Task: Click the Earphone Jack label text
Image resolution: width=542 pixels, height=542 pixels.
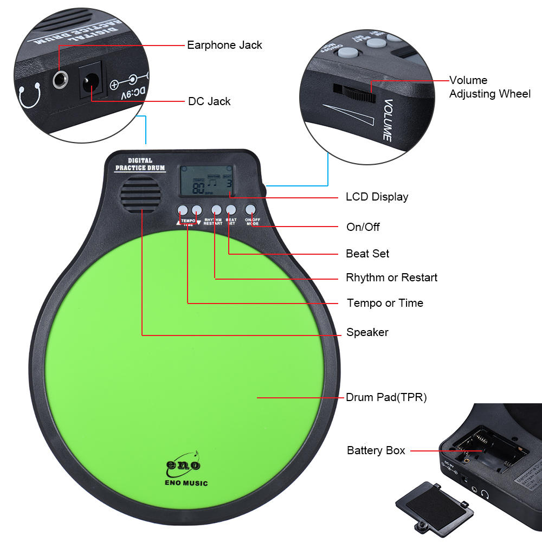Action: point(224,45)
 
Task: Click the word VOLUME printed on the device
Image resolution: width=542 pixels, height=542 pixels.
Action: point(387,120)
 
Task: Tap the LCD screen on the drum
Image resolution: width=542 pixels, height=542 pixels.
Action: point(207,181)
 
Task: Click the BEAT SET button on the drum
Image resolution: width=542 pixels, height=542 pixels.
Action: point(231,210)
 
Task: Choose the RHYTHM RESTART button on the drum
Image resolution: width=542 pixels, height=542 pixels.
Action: point(216,210)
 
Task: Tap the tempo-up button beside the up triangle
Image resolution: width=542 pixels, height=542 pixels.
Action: point(183,210)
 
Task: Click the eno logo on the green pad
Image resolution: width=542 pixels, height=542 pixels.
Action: point(183,464)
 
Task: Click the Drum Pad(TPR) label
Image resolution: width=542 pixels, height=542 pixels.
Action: point(386,397)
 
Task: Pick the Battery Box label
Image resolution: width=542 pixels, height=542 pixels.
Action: point(376,450)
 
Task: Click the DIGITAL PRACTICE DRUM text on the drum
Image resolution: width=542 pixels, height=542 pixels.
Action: point(140,164)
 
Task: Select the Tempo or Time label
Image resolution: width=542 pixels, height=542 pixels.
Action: point(385,303)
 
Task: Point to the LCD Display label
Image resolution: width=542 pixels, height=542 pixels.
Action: point(377,197)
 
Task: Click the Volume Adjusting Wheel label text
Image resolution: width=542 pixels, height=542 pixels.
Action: point(489,87)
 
